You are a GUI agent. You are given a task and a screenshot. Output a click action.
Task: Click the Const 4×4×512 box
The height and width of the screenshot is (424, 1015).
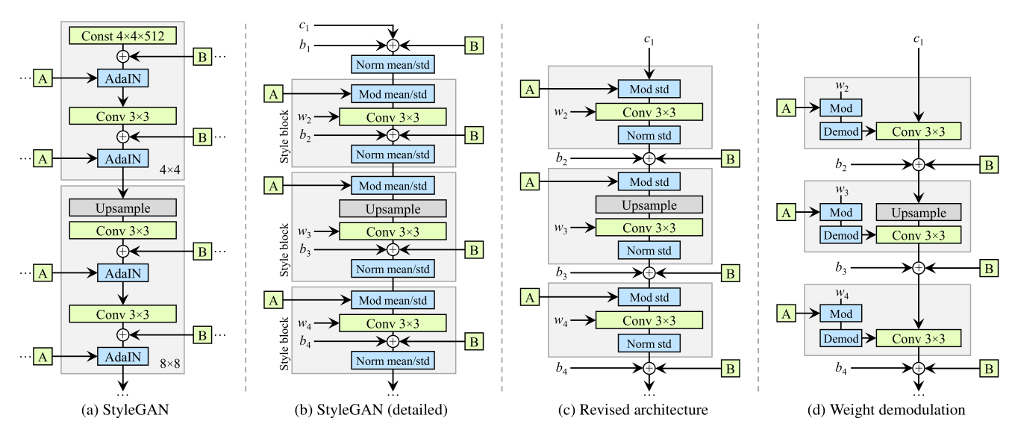[123, 34]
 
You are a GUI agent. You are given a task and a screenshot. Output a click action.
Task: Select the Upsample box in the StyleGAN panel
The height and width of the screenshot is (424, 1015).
[123, 206]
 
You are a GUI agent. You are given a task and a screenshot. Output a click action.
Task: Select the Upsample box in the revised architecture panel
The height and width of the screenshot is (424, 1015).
[649, 204]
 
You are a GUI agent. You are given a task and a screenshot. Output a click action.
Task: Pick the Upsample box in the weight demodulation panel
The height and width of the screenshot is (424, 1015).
[919, 213]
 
